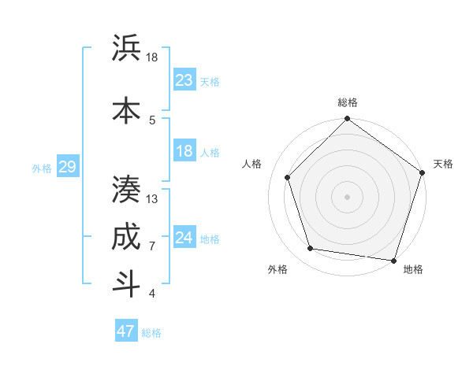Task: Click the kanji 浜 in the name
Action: pyautogui.click(x=126, y=49)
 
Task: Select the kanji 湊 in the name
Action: pyautogui.click(x=126, y=189)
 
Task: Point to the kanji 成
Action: pyautogui.click(x=126, y=236)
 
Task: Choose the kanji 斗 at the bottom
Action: pyautogui.click(x=126, y=283)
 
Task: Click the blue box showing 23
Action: pyautogui.click(x=184, y=80)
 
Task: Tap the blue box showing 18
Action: pyautogui.click(x=184, y=151)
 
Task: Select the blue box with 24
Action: pyautogui.click(x=184, y=239)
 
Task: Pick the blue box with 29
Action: pyautogui.click(x=68, y=167)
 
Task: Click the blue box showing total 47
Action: pyautogui.click(x=126, y=331)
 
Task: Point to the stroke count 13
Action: pyautogui.click(x=152, y=199)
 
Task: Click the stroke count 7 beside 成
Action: pyautogui.click(x=152, y=246)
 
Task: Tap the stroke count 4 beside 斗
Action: pyautogui.click(x=152, y=294)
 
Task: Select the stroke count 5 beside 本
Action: pyautogui.click(x=152, y=120)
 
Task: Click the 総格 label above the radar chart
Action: pyautogui.click(x=348, y=102)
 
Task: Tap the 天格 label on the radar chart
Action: pyautogui.click(x=444, y=164)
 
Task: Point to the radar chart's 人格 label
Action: pyautogui.click(x=252, y=164)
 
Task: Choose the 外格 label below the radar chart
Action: pyautogui.click(x=277, y=270)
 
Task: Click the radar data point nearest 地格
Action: pyautogui.click(x=394, y=260)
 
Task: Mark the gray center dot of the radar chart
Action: pyautogui.click(x=348, y=196)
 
